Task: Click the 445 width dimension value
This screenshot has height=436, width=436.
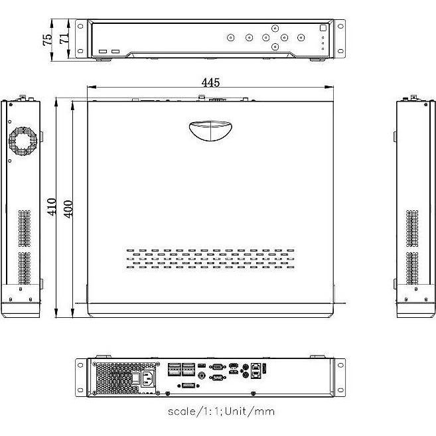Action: click(210, 83)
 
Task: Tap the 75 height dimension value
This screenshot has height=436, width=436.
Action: click(47, 39)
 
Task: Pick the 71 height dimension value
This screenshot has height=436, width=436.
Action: click(64, 39)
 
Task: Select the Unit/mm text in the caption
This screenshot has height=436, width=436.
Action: click(249, 411)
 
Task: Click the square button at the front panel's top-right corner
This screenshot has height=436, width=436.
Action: click(323, 29)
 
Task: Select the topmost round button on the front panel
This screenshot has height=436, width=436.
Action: click(275, 29)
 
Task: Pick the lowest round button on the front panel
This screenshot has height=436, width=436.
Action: click(275, 47)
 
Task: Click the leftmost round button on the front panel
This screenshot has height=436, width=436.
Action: click(230, 38)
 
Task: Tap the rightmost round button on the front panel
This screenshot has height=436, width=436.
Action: click(301, 38)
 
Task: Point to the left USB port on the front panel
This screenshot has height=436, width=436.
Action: click(103, 51)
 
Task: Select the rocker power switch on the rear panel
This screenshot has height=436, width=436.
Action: click(135, 379)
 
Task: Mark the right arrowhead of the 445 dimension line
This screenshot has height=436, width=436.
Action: click(330, 88)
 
